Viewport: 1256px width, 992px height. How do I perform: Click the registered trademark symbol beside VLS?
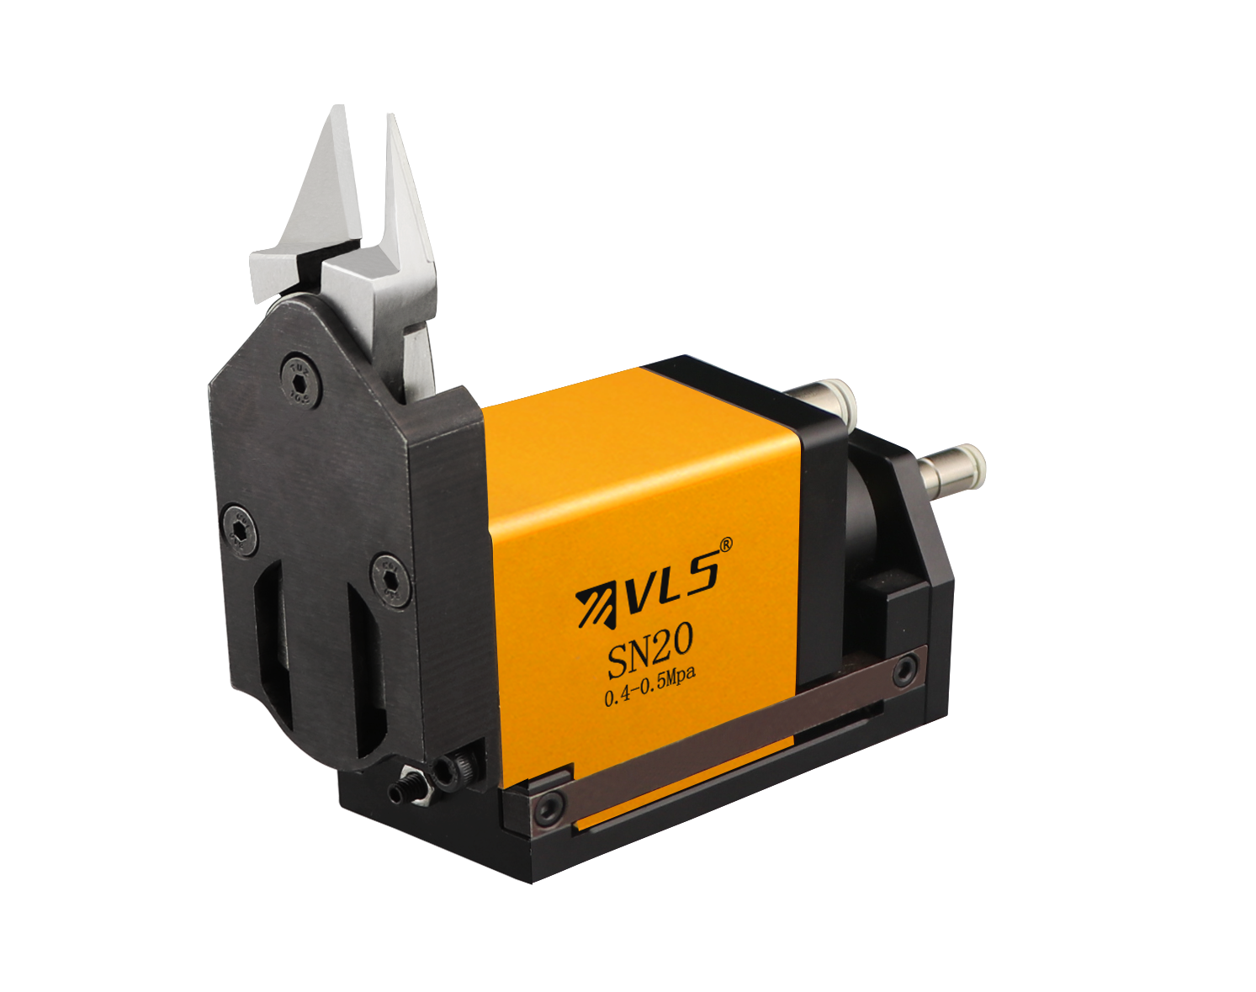724,544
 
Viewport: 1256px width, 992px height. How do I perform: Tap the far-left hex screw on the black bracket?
241,531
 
